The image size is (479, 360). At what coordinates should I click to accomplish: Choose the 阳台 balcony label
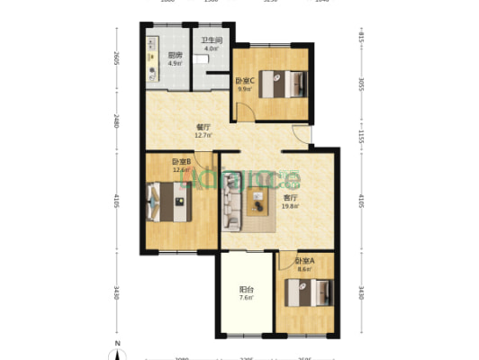(245, 290)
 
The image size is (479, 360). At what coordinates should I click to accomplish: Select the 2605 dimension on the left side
(116, 59)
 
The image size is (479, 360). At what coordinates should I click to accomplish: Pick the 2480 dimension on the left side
(116, 121)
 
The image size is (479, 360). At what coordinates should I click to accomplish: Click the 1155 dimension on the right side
(360, 134)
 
